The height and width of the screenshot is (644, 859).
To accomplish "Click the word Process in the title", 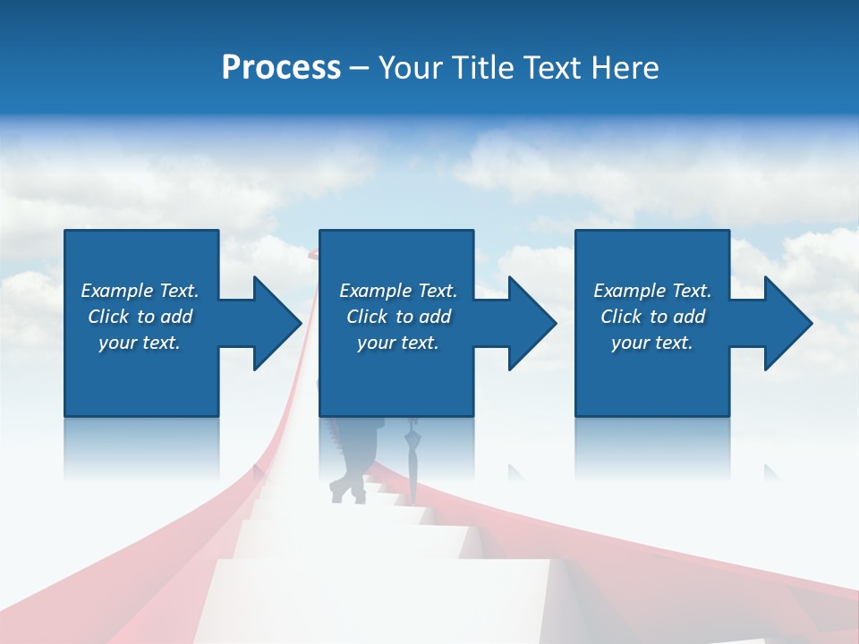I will [x=281, y=67].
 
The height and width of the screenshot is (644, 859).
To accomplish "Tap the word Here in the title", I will [x=624, y=67].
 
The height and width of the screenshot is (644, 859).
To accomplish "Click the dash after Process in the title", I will [x=359, y=68].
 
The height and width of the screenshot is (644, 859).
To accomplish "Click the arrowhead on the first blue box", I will [x=273, y=323].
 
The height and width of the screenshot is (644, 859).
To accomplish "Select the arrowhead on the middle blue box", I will [x=529, y=323].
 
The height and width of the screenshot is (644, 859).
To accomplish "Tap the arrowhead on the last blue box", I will [x=785, y=323].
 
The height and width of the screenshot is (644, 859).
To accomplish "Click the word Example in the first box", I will [x=117, y=291].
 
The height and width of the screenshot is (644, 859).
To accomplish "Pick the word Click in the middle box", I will [x=368, y=317].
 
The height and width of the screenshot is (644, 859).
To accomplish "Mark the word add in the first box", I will [x=176, y=317].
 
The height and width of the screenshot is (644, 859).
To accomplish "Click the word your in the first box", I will [x=116, y=343].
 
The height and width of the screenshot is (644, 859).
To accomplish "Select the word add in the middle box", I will [x=435, y=317].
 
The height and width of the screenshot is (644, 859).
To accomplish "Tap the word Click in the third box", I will [x=622, y=317].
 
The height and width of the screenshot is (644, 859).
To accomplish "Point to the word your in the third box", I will [x=629, y=343].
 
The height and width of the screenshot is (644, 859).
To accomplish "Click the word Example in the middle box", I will [x=376, y=291].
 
